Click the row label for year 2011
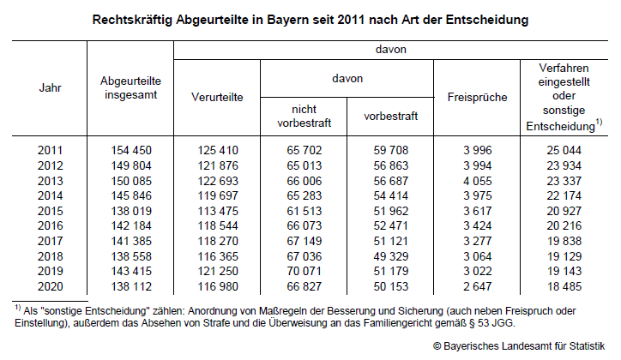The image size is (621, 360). coord(50,151)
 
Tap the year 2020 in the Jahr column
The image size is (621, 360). coord(50,287)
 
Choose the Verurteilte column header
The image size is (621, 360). coord(217,97)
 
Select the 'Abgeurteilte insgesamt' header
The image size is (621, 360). coord(130,87)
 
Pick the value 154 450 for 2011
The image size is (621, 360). coord(130,151)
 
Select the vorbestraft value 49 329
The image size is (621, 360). coord(390,256)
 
